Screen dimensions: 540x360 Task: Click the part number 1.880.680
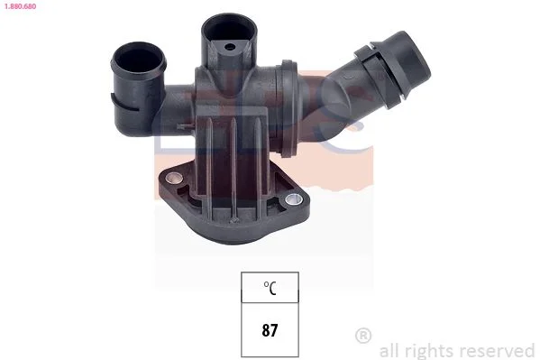point(20,6)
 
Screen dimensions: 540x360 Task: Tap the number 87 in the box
point(270,330)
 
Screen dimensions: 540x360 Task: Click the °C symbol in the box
point(270,288)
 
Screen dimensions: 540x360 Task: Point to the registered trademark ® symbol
point(363,335)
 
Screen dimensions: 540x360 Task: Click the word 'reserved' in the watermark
point(498,351)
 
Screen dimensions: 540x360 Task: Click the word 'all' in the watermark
point(389,351)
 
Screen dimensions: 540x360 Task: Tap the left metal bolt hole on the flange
point(174,178)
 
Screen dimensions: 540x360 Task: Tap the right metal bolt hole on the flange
point(294,198)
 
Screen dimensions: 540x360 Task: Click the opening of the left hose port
point(139,60)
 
